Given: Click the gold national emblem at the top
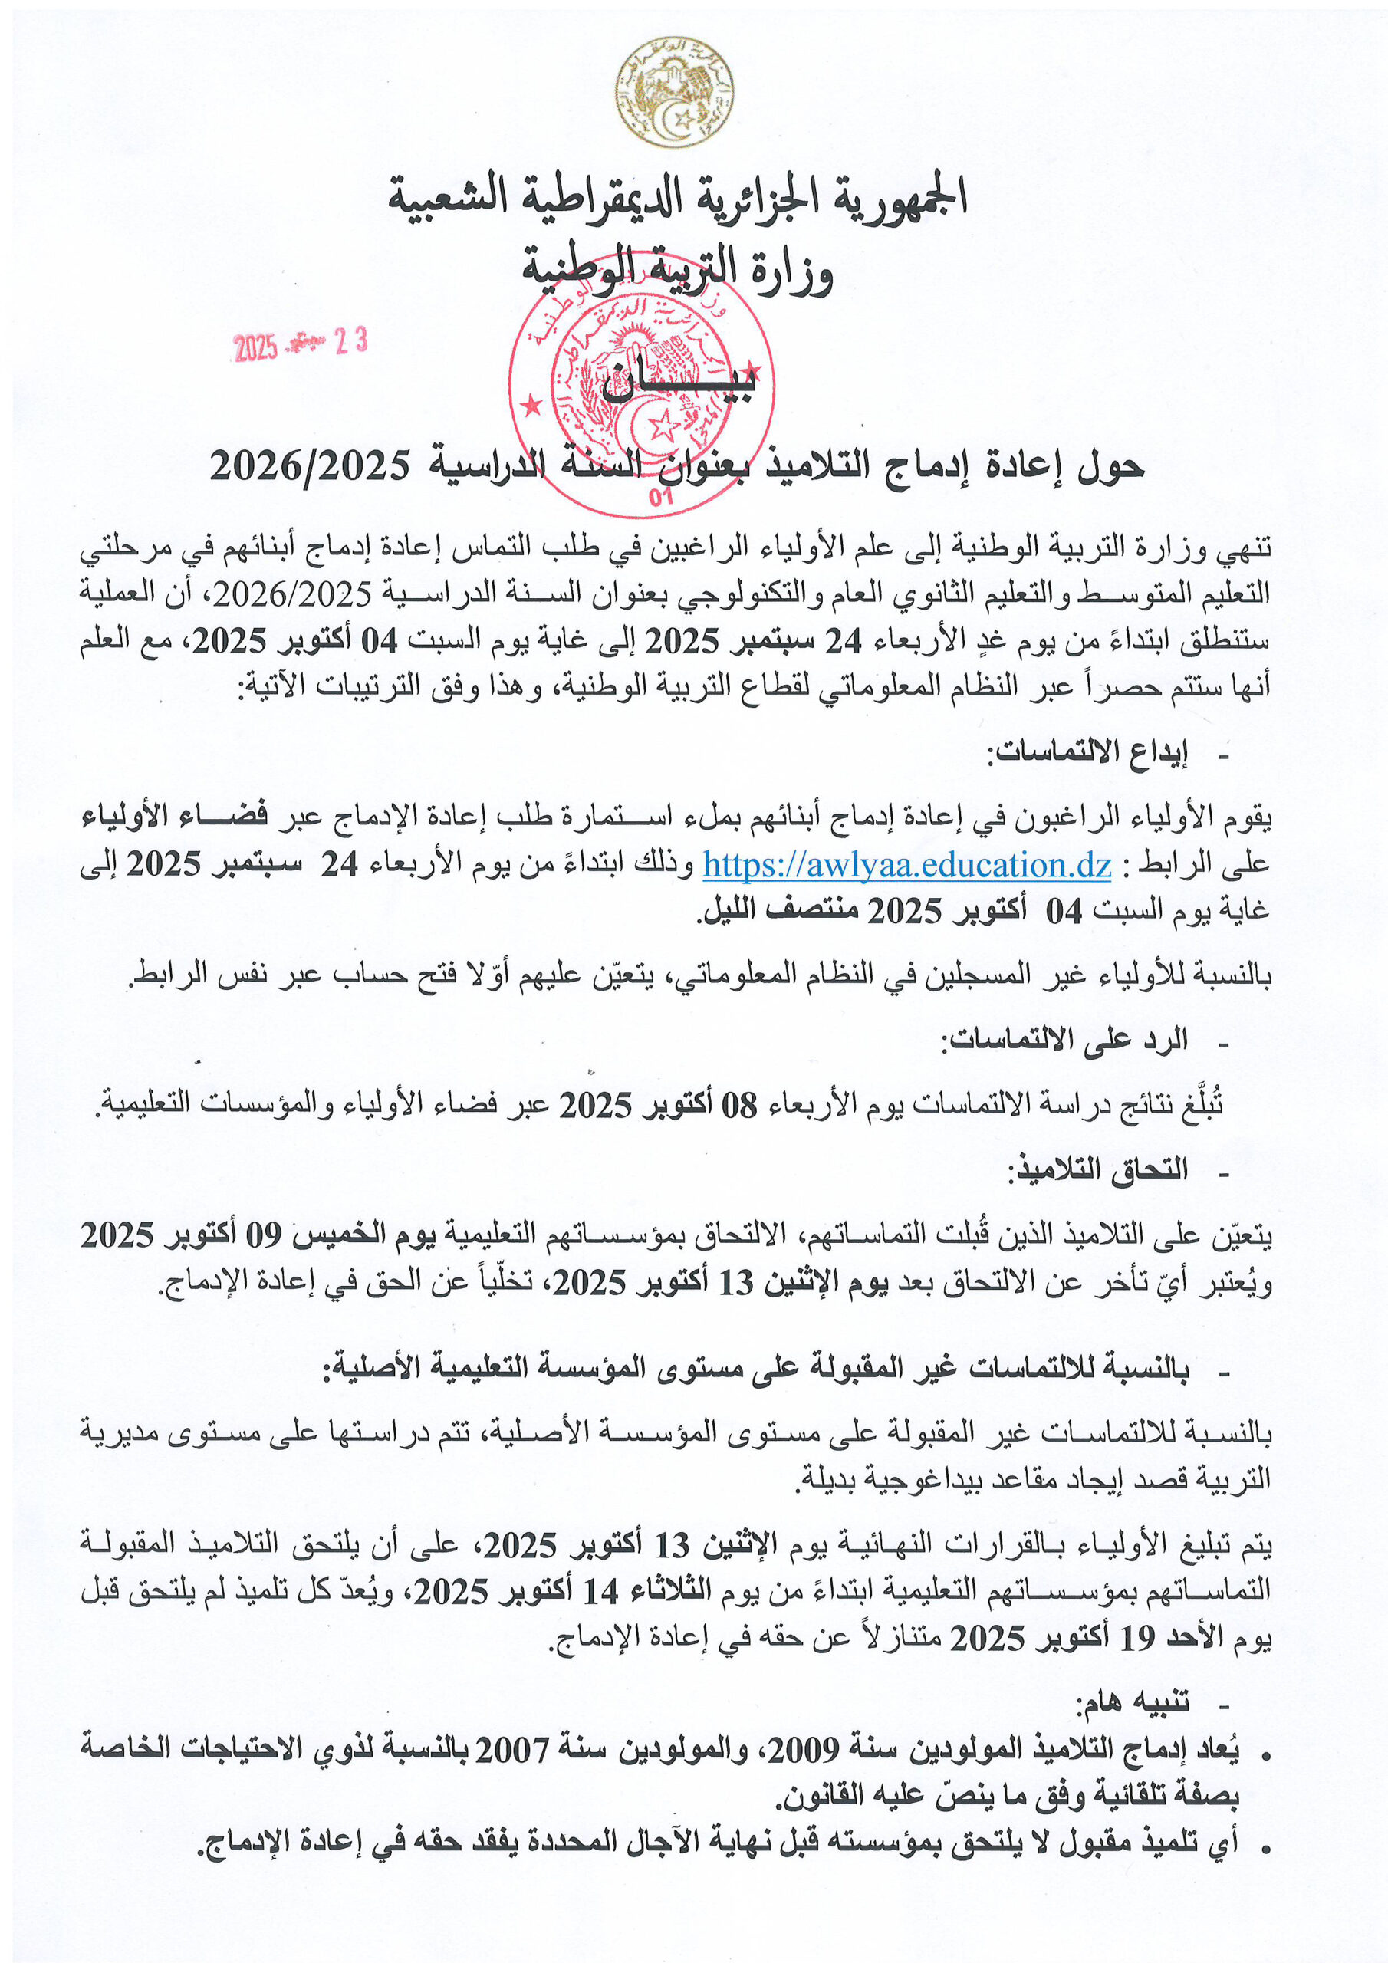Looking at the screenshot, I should click(x=675, y=91).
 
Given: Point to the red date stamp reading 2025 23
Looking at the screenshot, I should click(x=300, y=344).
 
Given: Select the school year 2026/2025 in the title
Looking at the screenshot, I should click(x=310, y=466).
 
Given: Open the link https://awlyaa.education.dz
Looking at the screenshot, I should click(x=906, y=866).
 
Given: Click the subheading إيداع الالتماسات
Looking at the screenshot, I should click(x=1087, y=752).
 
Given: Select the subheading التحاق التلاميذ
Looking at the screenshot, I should click(x=1097, y=1169).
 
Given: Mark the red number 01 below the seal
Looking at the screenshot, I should click(x=660, y=498).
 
